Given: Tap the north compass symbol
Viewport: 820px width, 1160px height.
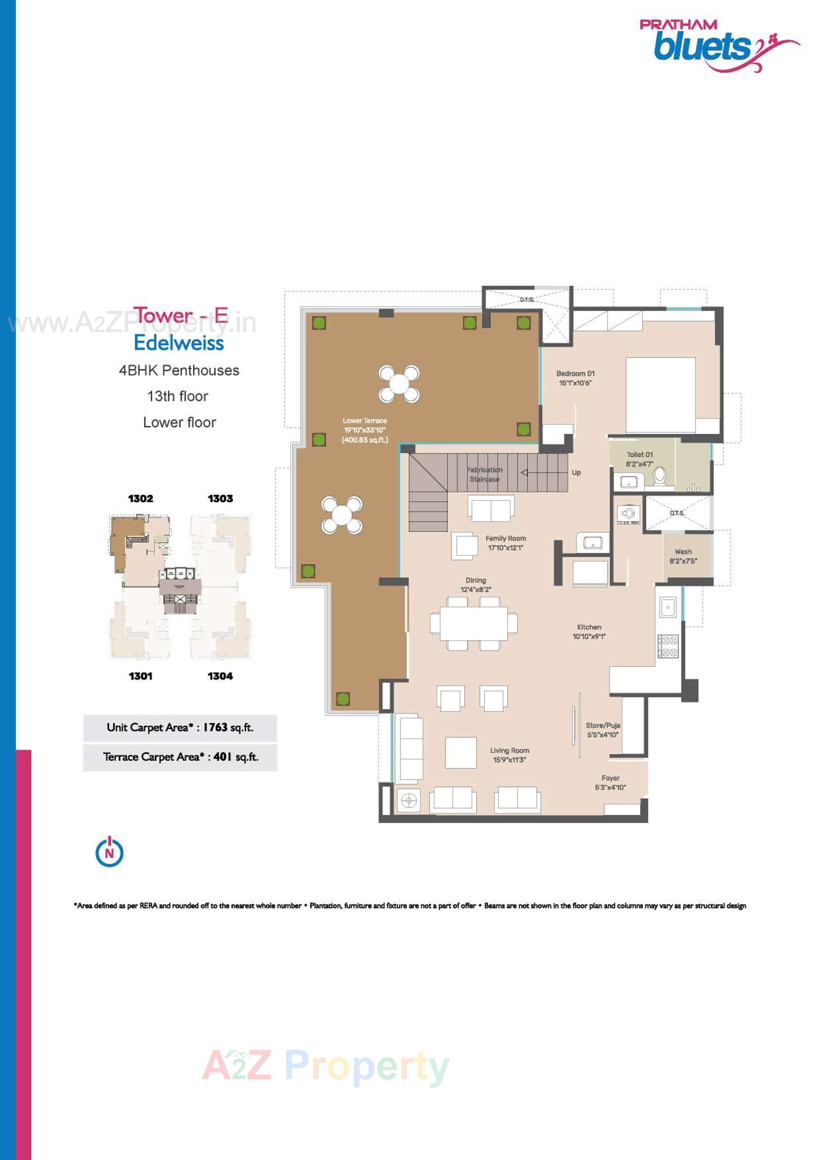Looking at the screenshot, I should (x=109, y=852).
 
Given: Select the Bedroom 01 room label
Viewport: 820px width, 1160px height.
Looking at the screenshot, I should (x=575, y=374).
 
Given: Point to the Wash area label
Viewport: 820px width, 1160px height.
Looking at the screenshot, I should (x=683, y=552).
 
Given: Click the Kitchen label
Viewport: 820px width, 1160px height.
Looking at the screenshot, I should (x=589, y=627).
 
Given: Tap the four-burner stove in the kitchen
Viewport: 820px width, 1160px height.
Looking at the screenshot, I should (x=667, y=646).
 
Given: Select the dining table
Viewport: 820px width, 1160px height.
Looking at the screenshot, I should (x=473, y=623).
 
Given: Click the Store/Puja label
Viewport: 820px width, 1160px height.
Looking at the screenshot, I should (x=603, y=725).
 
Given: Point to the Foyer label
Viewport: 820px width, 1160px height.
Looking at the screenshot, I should (x=610, y=778).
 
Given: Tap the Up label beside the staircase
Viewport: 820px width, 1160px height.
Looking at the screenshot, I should (x=576, y=472).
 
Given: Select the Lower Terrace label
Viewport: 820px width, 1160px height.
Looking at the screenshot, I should (x=365, y=420).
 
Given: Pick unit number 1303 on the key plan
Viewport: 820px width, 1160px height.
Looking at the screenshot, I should (x=220, y=499).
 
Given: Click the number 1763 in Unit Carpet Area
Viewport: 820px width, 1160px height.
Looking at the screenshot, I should (x=215, y=727).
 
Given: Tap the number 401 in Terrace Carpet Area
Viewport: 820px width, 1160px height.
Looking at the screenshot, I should (x=222, y=757).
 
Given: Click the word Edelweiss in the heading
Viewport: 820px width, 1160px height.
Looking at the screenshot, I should (x=179, y=343).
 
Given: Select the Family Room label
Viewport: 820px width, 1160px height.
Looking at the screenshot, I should (x=505, y=539).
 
